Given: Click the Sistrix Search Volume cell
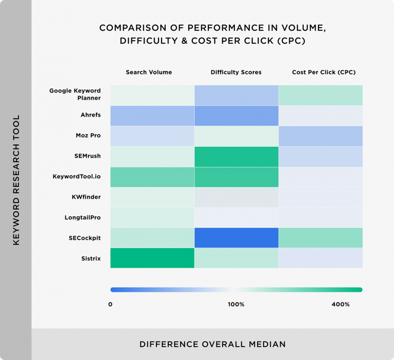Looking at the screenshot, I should tap(152, 258).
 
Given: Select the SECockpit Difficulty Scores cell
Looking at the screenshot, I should tap(237, 237).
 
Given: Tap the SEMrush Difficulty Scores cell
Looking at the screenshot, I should tap(237, 156).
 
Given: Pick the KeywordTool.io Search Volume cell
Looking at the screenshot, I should tap(152, 177).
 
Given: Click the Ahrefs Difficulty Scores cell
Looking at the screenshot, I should tap(237, 116).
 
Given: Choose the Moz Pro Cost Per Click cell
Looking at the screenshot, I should tap(321, 136).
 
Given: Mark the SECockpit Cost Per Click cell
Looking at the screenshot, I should tap(321, 237).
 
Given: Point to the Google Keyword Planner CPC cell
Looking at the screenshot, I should tap(321, 95).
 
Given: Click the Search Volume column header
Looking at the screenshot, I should tap(149, 72).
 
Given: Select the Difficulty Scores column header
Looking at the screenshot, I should tap(236, 72).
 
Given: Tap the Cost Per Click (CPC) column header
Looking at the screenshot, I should tap(324, 72).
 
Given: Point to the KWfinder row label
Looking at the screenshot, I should tap(86, 197).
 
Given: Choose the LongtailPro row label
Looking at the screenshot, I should tap(82, 217).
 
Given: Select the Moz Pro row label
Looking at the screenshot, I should tap(88, 136).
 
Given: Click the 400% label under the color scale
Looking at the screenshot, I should tap(341, 305).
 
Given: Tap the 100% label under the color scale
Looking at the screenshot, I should tap(236, 305).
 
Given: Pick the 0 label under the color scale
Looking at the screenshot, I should tap(110, 305).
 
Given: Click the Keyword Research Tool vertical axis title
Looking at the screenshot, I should tap(16, 180).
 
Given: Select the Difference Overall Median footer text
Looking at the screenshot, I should tap(212, 344).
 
